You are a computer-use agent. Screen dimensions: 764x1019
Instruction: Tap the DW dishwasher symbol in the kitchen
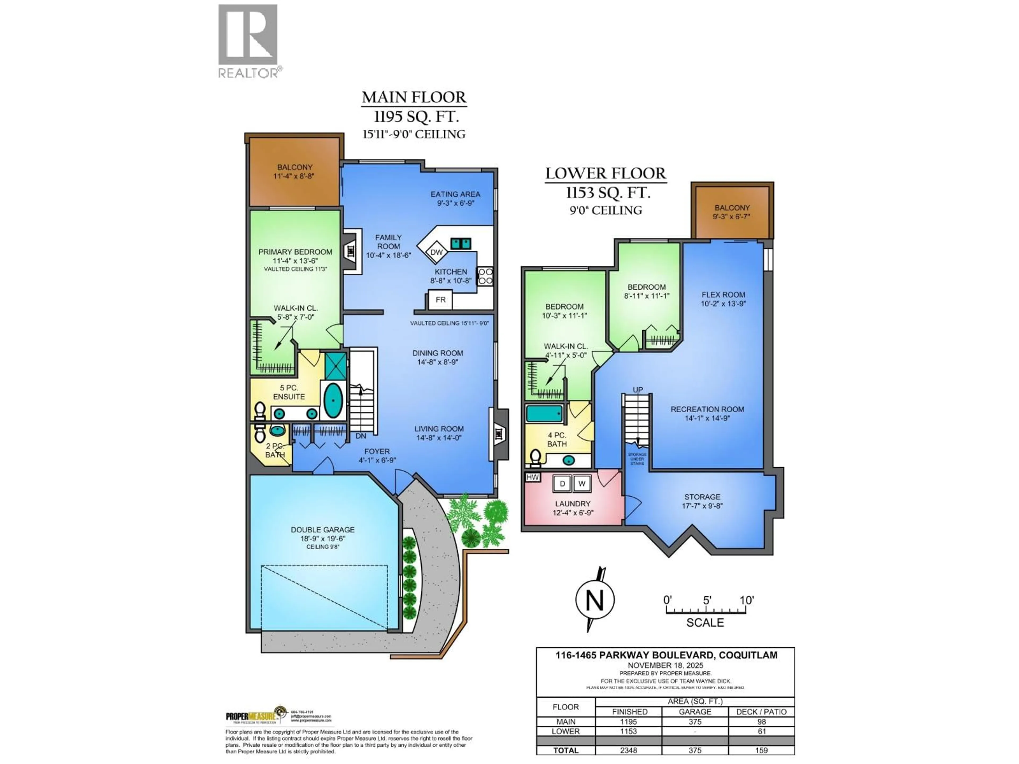click(436, 252)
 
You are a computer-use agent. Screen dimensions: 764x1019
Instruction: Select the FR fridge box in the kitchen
click(441, 300)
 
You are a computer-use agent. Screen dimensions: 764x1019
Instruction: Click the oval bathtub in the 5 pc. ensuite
click(333, 400)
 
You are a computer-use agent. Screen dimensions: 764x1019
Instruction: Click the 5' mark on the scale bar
click(707, 601)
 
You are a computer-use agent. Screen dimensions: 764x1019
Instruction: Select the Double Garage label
click(322, 530)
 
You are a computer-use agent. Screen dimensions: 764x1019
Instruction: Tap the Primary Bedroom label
click(295, 252)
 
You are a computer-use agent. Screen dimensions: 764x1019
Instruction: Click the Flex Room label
click(723, 295)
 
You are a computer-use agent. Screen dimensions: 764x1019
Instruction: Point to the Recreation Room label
click(707, 409)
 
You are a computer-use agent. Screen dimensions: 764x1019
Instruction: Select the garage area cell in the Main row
click(695, 722)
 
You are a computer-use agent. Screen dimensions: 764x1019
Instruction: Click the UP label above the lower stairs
click(638, 390)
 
